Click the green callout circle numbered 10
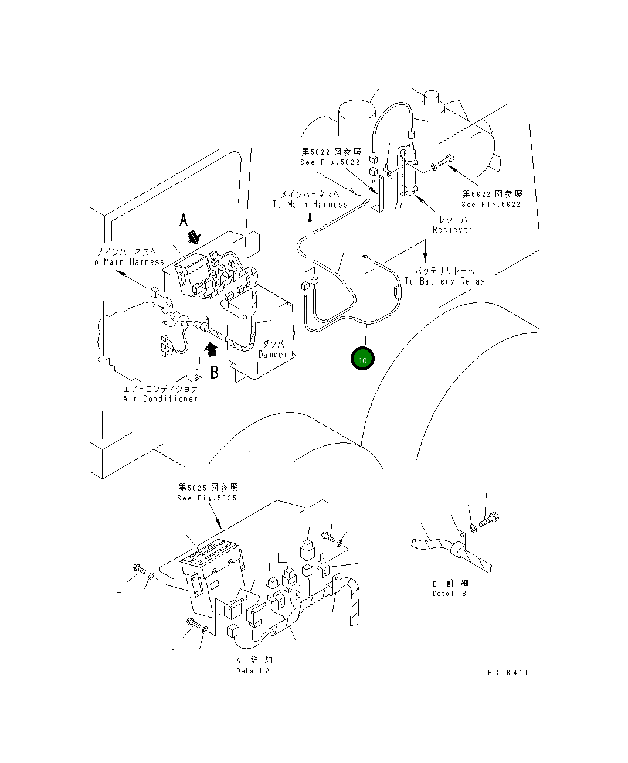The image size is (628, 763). point(362,359)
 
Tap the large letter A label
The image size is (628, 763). point(184,220)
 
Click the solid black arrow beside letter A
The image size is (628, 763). point(194,237)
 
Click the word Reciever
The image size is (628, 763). point(452,230)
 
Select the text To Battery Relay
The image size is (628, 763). point(444,281)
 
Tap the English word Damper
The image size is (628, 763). point(273,355)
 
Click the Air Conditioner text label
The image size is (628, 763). point(160,398)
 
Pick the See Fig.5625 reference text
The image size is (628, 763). point(207,498)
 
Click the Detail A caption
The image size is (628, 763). point(253,670)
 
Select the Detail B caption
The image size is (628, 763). point(450,594)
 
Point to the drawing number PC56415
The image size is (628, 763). point(508,673)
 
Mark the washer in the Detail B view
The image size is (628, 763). point(473,527)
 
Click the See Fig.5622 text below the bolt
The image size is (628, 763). point(491,204)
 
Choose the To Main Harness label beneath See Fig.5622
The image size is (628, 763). point(310,205)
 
